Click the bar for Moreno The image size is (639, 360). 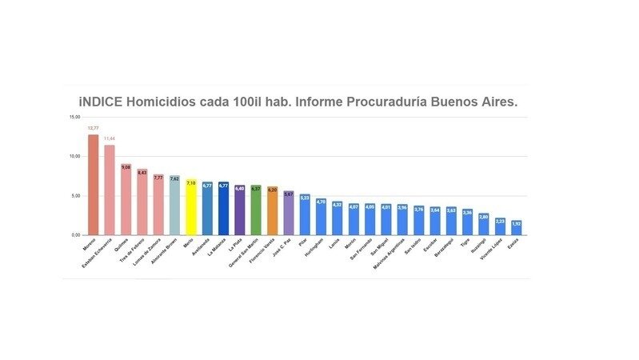point(93,185)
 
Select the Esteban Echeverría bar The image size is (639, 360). point(110,190)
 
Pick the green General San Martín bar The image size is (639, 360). point(256,210)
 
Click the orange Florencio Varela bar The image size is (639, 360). point(273,210)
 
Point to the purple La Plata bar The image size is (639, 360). point(240,209)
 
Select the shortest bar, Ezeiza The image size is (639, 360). point(517,227)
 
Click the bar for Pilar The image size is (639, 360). point(305,214)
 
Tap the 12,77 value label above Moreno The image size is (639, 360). point(93,128)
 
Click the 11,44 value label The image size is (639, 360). point(110,138)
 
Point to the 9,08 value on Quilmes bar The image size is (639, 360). point(126,167)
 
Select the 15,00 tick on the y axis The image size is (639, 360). point(74,117)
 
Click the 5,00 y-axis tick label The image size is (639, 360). point(74,196)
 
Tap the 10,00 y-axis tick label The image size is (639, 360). point(74,157)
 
